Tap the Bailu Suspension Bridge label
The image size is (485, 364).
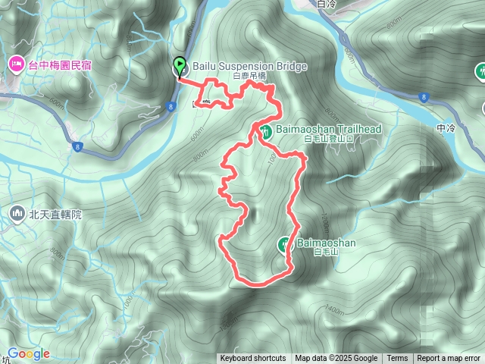coord(250,67)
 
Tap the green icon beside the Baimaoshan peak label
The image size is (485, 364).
coord(284,243)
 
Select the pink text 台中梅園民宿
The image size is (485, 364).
coord(60,66)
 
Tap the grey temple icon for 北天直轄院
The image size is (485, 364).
coord(17,215)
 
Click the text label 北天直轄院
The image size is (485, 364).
coord(55,215)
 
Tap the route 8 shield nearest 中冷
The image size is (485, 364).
coord(422,96)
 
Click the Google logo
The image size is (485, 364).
coord(29,354)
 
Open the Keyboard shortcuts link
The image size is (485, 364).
coord(253,359)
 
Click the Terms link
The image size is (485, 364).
coord(397,359)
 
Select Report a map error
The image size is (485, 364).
coord(449,359)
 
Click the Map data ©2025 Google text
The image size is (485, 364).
coord(336,359)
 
